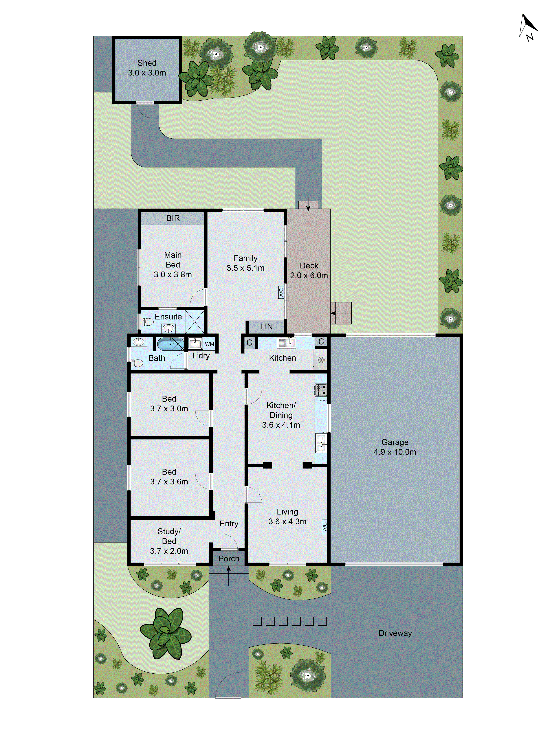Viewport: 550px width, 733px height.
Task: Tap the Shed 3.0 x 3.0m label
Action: pos(147,68)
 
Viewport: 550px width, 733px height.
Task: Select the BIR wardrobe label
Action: pos(173,218)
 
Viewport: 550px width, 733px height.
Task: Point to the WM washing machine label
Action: pos(209,344)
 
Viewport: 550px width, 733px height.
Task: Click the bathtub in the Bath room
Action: pos(170,344)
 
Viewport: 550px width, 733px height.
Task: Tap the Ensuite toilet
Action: pos(148,322)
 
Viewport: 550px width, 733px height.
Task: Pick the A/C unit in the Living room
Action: pos(324,526)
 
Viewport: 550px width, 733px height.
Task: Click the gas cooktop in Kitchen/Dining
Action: pos(321,390)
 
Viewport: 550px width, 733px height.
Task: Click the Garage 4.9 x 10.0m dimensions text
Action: pos(395,452)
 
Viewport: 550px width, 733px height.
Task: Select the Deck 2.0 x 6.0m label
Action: pos(309,270)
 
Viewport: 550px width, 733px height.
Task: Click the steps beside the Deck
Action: pos(341,313)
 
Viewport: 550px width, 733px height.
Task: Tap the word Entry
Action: pos(229,523)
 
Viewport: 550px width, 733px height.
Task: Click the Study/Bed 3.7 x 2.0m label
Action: pos(169,541)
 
